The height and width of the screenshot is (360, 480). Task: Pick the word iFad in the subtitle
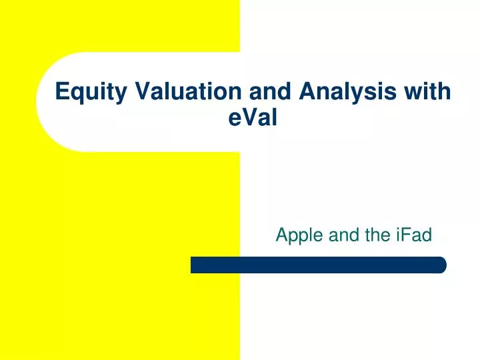click(x=417, y=235)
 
